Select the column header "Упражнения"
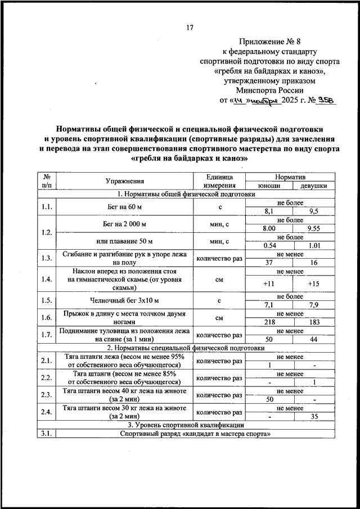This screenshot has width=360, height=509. [x=125, y=181]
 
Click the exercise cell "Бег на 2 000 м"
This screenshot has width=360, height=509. [x=125, y=224]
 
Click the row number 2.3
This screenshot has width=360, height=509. [x=47, y=394]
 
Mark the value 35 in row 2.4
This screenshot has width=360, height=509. [x=314, y=416]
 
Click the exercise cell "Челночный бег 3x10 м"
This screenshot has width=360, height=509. [x=125, y=300]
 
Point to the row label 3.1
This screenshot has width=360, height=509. [x=47, y=434]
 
